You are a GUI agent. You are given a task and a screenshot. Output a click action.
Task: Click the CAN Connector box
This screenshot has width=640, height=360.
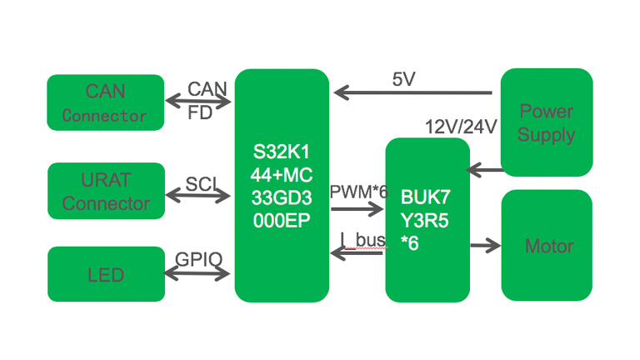[x=105, y=102]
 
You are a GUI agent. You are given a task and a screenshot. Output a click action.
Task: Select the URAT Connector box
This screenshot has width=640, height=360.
[x=105, y=191]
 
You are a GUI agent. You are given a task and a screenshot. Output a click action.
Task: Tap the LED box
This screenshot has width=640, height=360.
[x=105, y=274]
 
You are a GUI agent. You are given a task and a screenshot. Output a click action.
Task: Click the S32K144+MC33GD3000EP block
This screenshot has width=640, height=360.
[x=282, y=185]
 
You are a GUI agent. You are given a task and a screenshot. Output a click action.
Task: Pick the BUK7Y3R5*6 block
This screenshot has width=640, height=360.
[x=427, y=219]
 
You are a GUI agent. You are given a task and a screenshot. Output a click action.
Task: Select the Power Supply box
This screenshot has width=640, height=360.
[x=546, y=122]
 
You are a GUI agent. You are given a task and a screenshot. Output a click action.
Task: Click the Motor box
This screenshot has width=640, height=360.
[x=547, y=246]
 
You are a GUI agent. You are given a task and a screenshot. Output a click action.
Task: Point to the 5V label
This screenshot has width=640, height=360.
[x=404, y=79]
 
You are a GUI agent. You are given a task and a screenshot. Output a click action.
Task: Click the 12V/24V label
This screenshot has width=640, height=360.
[x=461, y=127]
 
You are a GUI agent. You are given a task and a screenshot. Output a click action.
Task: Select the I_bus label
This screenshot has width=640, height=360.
[x=363, y=240]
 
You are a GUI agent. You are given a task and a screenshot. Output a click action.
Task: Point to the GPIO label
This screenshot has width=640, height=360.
[x=199, y=258]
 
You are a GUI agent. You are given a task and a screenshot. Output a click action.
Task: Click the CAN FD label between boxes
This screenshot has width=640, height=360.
[x=206, y=99]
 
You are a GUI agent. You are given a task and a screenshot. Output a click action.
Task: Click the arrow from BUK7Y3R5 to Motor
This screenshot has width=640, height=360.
[x=485, y=245]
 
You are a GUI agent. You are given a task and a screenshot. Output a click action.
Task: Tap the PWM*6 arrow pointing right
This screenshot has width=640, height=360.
[x=358, y=208]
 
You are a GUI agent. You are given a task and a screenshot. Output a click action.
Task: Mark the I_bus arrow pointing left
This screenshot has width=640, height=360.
[x=358, y=252]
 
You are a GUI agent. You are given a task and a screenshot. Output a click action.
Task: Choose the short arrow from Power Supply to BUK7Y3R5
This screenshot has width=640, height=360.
[x=485, y=170]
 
